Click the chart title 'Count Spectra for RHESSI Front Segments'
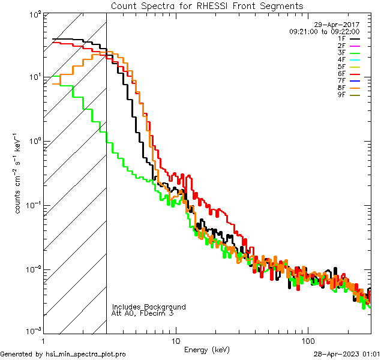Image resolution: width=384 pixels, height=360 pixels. pos(207,6)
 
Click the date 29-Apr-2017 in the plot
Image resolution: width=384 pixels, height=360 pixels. pos(339,25)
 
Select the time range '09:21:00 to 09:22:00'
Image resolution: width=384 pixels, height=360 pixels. pos(324,31)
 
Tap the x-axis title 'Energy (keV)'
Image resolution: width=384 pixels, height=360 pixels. pos(206,349)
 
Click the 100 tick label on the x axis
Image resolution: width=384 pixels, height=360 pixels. pos(307,340)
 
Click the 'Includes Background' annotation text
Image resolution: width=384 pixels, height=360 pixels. pos(149,307)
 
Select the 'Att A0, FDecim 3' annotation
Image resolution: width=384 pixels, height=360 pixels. pos(143,313)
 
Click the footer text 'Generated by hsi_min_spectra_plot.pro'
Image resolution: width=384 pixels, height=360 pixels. pos(63,355)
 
